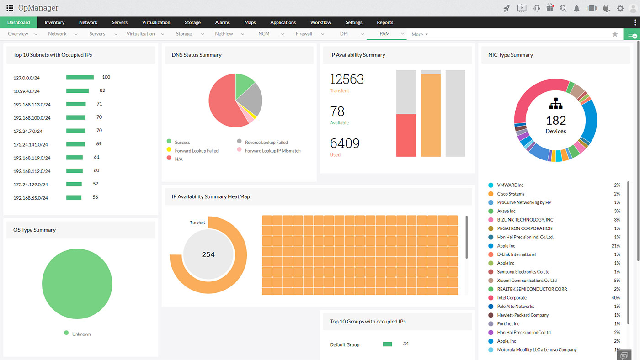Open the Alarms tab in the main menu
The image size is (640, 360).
pos(223,22)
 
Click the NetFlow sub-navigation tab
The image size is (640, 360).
pos(224,34)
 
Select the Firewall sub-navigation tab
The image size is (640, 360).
pos(304,34)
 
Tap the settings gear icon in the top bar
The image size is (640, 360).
pos(620,8)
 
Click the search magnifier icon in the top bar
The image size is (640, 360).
pos(563,8)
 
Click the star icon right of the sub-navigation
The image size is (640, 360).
pos(615,34)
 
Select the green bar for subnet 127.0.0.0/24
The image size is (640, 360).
pos(80,78)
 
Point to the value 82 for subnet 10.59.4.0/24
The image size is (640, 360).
pos(102,90)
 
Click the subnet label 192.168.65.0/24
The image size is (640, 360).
pos(31,198)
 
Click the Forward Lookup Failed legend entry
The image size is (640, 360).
pos(197,151)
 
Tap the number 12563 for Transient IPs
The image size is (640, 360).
pos(347,79)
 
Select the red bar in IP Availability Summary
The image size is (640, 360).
pos(406,135)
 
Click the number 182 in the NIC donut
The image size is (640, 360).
pos(556,121)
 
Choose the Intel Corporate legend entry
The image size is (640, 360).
pos(512,298)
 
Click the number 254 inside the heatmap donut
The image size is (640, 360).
pos(208,254)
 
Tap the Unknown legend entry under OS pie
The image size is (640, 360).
pos(81,334)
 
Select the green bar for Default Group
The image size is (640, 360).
pos(388,344)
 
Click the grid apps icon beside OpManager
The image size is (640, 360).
pos(10,8)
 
